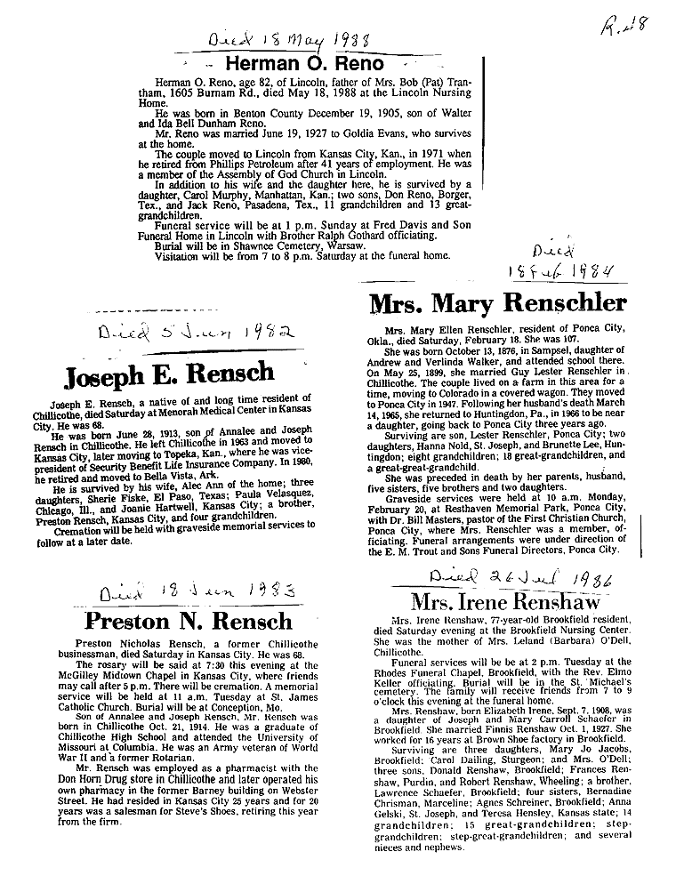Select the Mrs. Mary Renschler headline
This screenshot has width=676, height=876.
pos(497,303)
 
